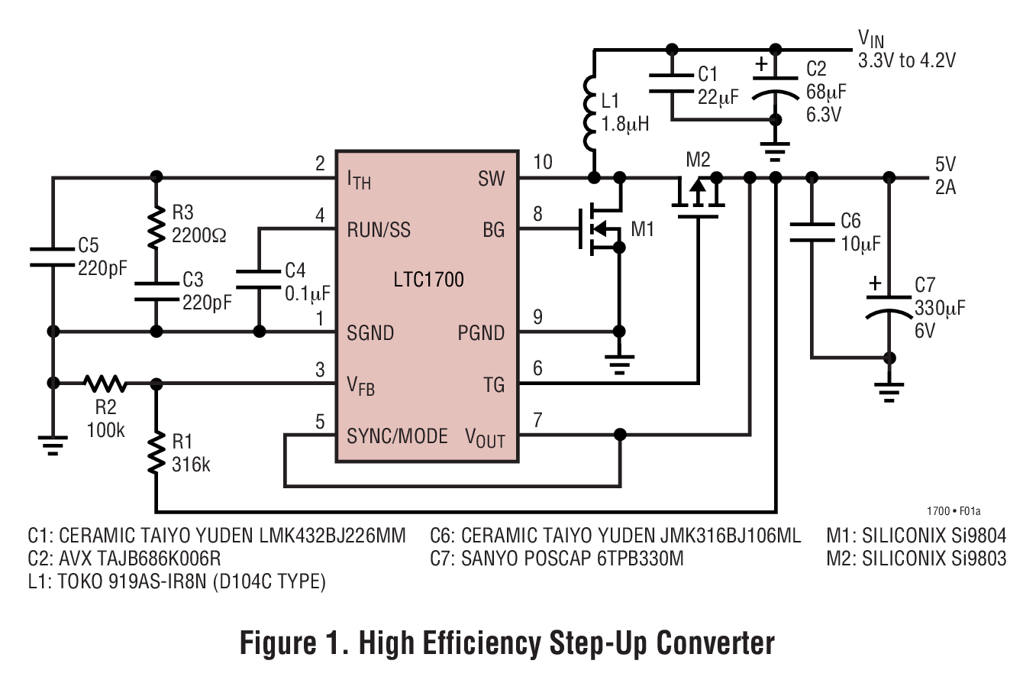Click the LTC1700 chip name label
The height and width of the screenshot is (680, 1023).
pos(428,280)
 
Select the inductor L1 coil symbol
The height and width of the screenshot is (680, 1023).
pos(593,112)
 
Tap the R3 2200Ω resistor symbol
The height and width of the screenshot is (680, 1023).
pos(157,226)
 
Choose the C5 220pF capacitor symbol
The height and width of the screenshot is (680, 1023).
pos(53,257)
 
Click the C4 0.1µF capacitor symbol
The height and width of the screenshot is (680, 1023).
pos(260,279)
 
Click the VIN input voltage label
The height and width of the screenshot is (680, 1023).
pos(871,38)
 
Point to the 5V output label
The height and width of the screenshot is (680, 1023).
pos(945,165)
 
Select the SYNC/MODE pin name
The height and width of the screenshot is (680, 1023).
pos(397,436)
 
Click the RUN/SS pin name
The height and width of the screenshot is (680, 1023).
pos(379,229)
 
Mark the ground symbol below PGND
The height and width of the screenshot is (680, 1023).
pos(621,364)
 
